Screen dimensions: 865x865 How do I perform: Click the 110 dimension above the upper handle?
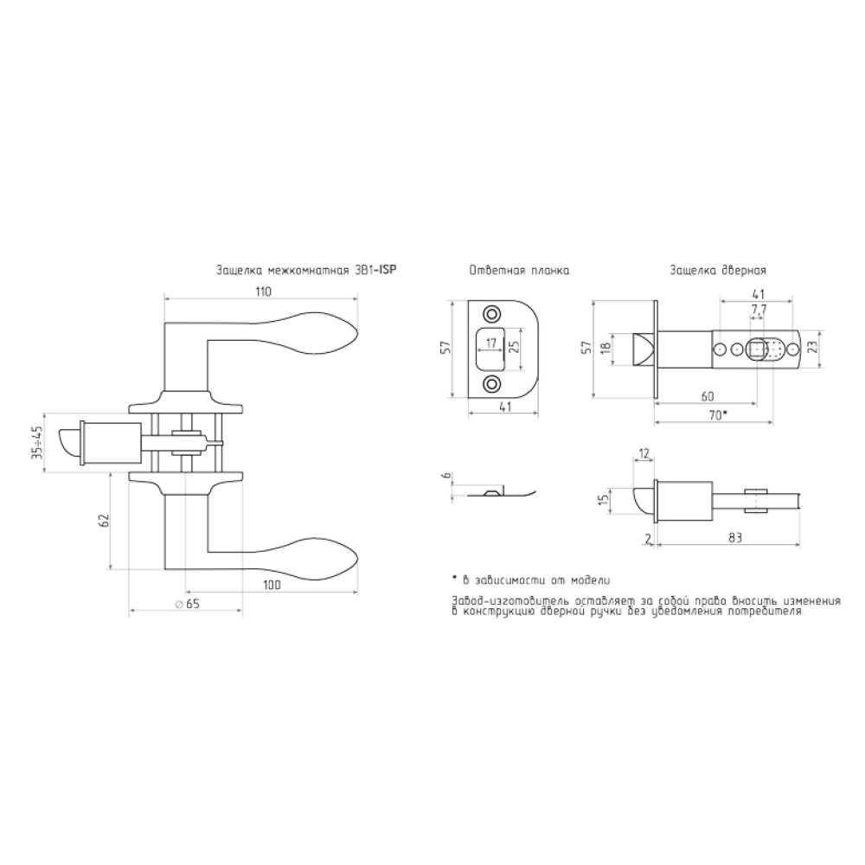click(x=264, y=292)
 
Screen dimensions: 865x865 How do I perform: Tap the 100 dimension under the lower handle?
click(x=272, y=585)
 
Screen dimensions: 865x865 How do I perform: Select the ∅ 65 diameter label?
click(x=187, y=604)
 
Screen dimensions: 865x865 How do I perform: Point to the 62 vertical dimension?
click(x=105, y=520)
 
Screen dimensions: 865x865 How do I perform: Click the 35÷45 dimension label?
click(x=37, y=442)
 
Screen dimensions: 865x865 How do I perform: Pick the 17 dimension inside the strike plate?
click(x=491, y=343)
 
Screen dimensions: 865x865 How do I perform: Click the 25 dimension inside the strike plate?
click(x=514, y=347)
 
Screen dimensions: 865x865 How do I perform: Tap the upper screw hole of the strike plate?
click(x=490, y=314)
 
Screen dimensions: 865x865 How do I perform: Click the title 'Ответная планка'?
click(x=519, y=271)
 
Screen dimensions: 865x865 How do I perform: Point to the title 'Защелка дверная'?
click(x=718, y=271)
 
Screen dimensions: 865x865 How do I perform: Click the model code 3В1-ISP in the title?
click(x=377, y=270)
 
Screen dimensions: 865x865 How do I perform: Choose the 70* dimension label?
click(x=718, y=415)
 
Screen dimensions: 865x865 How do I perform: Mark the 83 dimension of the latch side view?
click(x=734, y=538)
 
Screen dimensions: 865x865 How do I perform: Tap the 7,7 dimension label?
click(x=759, y=310)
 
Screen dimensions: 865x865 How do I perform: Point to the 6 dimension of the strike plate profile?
click(x=447, y=476)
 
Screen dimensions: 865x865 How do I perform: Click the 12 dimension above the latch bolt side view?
click(x=644, y=454)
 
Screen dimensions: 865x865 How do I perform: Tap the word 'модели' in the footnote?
click(x=590, y=580)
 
